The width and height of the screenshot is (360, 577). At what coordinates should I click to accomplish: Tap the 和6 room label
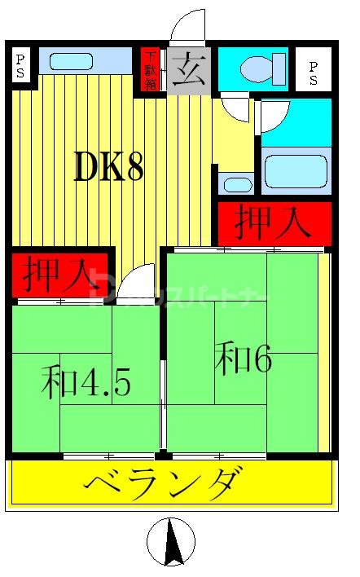243,359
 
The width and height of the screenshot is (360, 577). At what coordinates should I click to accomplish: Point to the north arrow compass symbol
171,543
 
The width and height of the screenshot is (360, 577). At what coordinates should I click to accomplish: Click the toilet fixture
263,67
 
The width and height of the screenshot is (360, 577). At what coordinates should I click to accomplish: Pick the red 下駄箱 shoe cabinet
151,69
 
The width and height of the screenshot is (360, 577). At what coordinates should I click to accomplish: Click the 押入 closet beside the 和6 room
273,222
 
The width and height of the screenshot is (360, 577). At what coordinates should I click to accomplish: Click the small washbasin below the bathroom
237,183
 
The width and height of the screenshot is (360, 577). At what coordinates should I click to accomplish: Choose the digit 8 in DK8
134,167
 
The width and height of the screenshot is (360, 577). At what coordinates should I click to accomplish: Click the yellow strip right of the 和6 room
324,350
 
